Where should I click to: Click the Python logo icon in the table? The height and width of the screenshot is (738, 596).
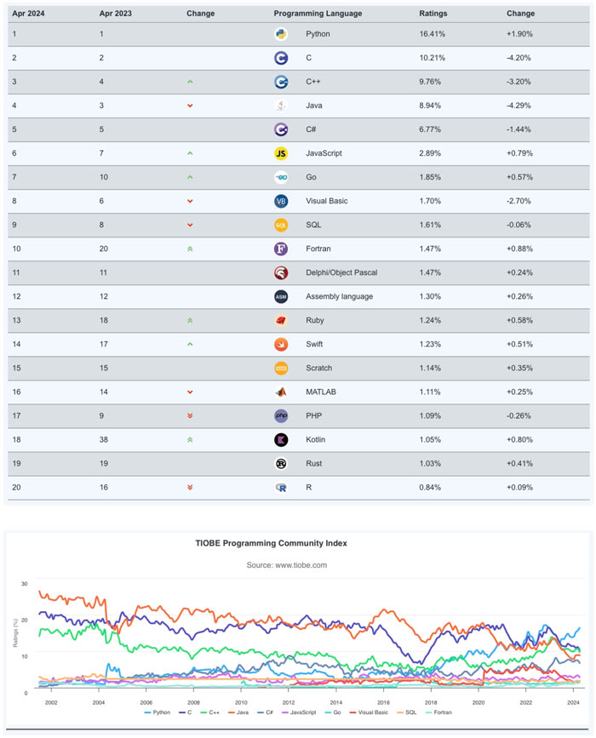pos(281,34)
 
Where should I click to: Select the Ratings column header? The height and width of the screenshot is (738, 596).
pos(433,14)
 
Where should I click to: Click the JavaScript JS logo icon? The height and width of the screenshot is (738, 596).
pos(281,153)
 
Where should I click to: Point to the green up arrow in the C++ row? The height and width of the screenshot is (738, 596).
pos(190,82)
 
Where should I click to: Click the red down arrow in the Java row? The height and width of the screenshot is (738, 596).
pos(190,106)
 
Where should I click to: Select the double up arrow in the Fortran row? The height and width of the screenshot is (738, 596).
pos(190,249)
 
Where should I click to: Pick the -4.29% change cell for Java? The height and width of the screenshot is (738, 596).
pos(520,106)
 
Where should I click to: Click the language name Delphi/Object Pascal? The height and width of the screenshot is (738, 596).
pos(341,272)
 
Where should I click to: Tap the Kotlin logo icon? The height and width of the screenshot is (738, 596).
pos(281,439)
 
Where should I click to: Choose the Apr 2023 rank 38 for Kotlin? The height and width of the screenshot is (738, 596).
pos(104,439)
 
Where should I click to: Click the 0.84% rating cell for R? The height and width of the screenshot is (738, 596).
pos(431,487)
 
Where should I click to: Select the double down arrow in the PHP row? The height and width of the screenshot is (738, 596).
pos(190,415)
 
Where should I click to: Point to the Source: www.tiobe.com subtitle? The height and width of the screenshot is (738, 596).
pos(287,564)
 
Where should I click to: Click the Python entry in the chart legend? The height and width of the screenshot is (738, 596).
pos(158,712)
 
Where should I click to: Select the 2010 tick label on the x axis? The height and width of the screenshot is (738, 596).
pos(241,703)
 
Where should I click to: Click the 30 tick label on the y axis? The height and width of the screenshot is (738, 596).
pos(25,584)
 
